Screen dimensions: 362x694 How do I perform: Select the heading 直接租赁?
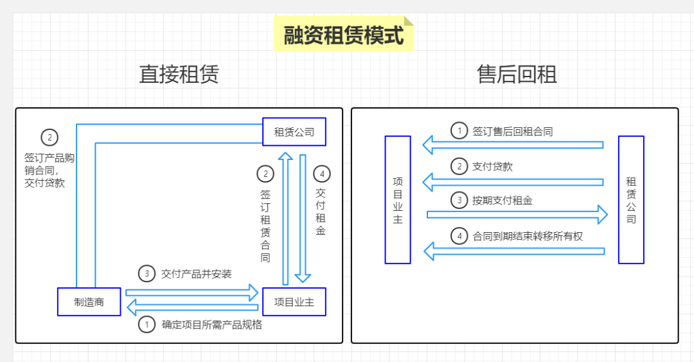(179, 75)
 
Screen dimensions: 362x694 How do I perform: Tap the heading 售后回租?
(517, 75)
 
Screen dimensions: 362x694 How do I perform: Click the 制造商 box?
(89, 302)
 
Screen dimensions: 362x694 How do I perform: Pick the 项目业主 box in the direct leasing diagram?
(294, 302)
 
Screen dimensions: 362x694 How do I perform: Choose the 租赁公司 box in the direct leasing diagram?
(294, 132)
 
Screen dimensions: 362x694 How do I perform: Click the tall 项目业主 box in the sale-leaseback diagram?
(398, 199)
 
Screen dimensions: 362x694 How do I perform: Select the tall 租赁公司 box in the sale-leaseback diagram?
(631, 199)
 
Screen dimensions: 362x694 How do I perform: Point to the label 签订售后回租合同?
(513, 131)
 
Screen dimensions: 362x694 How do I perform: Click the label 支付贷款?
(492, 167)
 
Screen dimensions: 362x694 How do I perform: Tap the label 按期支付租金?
(503, 201)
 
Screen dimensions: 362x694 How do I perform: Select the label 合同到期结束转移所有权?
(528, 236)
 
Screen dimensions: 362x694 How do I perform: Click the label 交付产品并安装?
(197, 274)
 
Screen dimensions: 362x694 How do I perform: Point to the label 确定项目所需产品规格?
(211, 324)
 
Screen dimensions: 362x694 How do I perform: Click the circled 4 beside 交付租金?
(321, 174)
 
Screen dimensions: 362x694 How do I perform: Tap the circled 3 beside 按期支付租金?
(459, 201)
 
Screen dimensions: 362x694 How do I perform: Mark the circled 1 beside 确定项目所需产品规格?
(147, 324)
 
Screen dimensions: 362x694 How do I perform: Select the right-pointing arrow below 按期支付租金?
(517, 215)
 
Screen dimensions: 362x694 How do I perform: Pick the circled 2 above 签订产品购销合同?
(49, 138)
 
